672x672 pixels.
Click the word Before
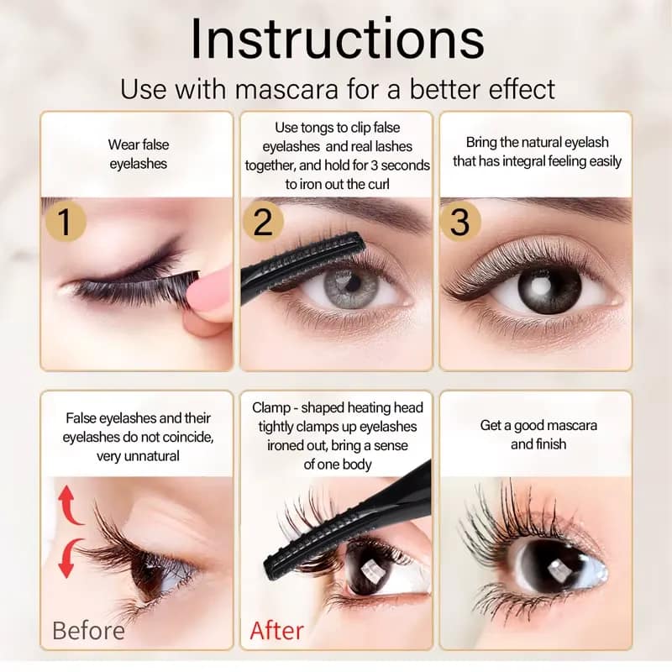point(88,630)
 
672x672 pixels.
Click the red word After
point(278,630)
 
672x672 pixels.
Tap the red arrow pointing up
point(71,507)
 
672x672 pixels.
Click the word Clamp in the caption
point(274,407)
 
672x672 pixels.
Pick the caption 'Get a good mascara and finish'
point(538,434)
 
